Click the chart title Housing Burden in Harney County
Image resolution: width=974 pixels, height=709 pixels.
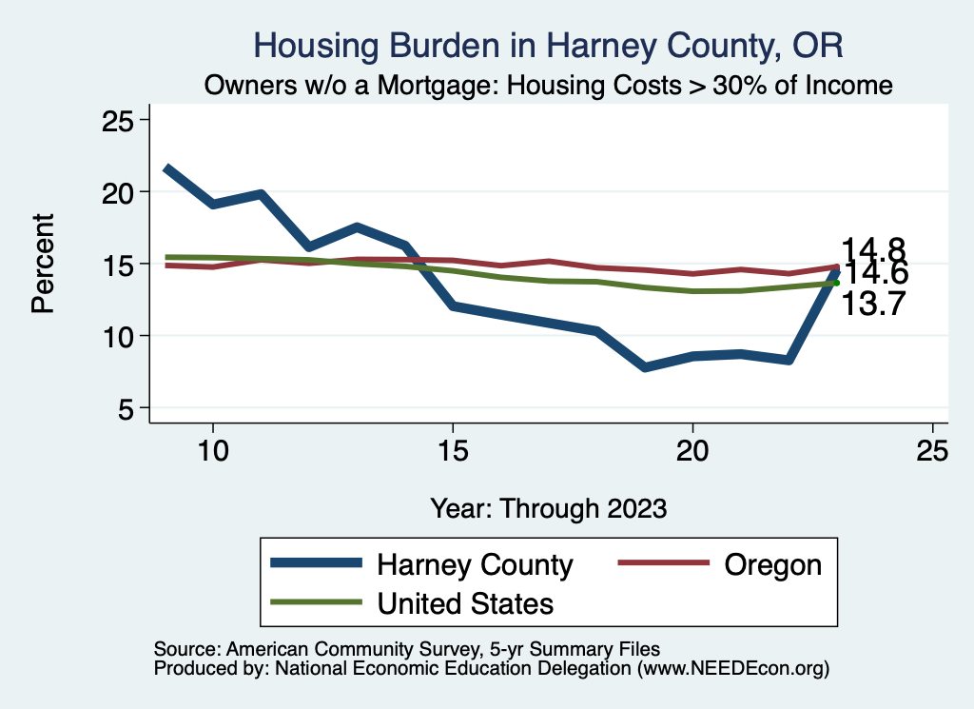(548, 46)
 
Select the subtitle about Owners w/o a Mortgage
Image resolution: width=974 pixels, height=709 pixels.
(548, 86)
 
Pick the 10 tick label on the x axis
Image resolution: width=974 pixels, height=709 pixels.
(212, 451)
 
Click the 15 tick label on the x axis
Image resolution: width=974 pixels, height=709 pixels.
(453, 451)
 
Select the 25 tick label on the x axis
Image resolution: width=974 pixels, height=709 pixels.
(933, 451)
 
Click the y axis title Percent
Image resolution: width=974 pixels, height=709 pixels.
(43, 264)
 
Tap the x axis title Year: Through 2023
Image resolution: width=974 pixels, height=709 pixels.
(548, 507)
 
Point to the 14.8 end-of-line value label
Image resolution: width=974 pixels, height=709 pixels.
(872, 249)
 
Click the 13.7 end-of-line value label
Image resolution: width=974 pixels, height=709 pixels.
(872, 305)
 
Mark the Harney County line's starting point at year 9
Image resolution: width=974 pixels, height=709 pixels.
(166, 168)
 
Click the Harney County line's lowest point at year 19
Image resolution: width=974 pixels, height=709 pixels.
(646, 366)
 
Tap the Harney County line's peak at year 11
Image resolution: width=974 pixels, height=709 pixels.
(261, 193)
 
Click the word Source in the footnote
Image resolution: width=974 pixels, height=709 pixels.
(183, 648)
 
